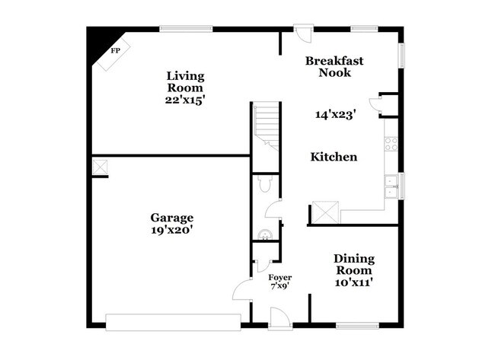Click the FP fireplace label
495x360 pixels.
(x=116, y=51)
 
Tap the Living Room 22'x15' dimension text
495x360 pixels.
(x=187, y=100)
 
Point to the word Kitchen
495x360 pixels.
(x=333, y=157)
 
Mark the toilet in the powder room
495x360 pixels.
(x=265, y=183)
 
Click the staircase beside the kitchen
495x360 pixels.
(x=267, y=126)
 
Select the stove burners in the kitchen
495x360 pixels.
(x=391, y=143)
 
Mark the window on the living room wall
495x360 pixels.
(x=186, y=30)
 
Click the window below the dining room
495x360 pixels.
(x=357, y=326)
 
